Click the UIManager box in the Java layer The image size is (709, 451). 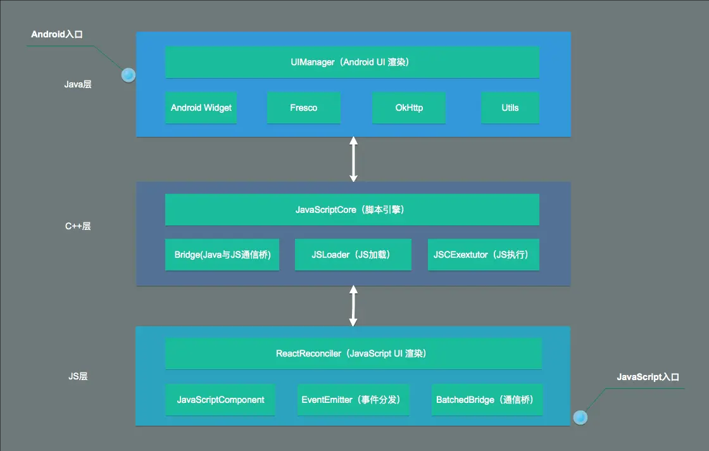coord(352,62)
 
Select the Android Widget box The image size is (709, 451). coord(201,108)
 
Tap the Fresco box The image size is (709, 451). coord(303,108)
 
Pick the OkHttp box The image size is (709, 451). coord(408,108)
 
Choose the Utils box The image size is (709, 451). coord(510,108)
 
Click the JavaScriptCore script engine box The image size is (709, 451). coord(352,210)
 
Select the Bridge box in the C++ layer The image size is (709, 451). coord(222,255)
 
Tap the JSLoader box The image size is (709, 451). coord(353,255)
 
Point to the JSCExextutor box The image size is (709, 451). coord(484,255)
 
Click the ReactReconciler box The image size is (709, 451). coord(353,353)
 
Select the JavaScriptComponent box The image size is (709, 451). coord(220,400)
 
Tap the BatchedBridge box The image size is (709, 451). coord(487,400)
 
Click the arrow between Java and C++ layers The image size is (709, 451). coord(353,159)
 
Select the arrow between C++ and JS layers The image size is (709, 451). coord(353,306)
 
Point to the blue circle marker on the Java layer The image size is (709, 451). coord(129,75)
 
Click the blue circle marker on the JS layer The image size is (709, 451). coord(580,417)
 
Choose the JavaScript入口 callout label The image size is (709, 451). coord(648,377)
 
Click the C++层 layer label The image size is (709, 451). coord(78,226)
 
